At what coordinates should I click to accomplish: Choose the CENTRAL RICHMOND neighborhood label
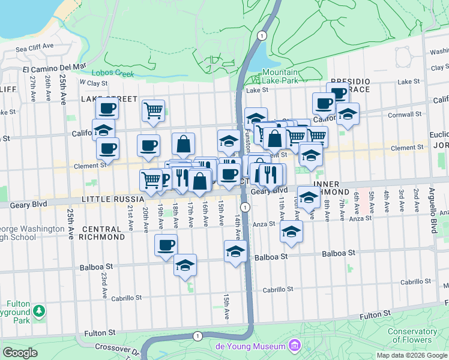pyautogui.click(x=103, y=233)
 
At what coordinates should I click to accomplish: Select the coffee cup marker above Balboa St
pyautogui.click(x=166, y=245)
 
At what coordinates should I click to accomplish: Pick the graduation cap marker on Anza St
pyautogui.click(x=291, y=232)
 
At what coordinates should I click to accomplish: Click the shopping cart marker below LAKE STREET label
pyautogui.click(x=153, y=110)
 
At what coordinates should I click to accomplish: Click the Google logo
pyautogui.click(x=20, y=353)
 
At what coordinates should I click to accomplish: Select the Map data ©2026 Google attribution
pyautogui.click(x=411, y=355)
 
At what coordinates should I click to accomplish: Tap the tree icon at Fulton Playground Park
pyautogui.click(x=39, y=310)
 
